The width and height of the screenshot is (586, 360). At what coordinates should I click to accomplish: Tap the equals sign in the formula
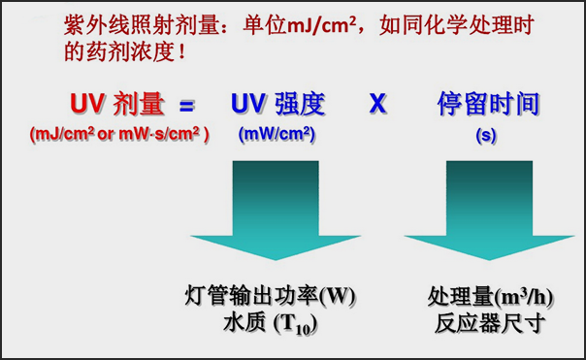[187, 104]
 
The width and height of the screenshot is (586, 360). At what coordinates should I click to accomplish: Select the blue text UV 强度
[277, 104]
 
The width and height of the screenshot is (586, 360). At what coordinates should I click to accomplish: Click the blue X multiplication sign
[378, 104]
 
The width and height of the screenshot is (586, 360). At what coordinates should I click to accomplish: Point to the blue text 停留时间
[486, 104]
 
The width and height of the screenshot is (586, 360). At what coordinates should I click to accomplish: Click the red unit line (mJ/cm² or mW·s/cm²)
[120, 135]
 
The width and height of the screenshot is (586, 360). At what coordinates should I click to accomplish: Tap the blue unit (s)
[486, 135]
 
